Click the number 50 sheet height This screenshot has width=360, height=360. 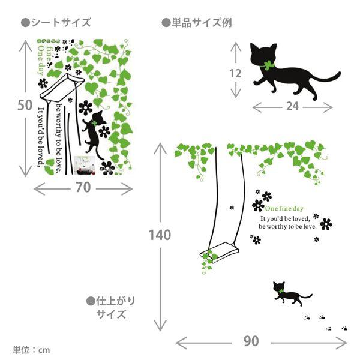point(25,105)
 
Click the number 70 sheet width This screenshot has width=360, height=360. point(83,187)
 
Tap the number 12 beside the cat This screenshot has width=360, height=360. point(236,73)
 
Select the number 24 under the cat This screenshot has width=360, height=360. point(292,106)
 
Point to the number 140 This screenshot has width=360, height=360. point(160,235)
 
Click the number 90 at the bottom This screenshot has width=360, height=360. point(251,341)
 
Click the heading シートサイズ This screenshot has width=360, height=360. point(56,23)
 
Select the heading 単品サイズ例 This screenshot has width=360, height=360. point(197,23)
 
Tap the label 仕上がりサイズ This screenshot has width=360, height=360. point(111,308)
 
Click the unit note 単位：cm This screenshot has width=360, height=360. point(31,350)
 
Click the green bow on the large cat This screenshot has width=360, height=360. point(268,65)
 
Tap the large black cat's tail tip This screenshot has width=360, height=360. point(340,74)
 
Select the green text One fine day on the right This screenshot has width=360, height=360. point(284,208)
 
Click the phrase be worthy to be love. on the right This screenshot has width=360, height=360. point(287,226)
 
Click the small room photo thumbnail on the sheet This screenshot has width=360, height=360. point(85,166)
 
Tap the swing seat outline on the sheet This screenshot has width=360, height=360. point(62,87)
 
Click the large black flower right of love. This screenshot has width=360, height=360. point(326,224)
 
